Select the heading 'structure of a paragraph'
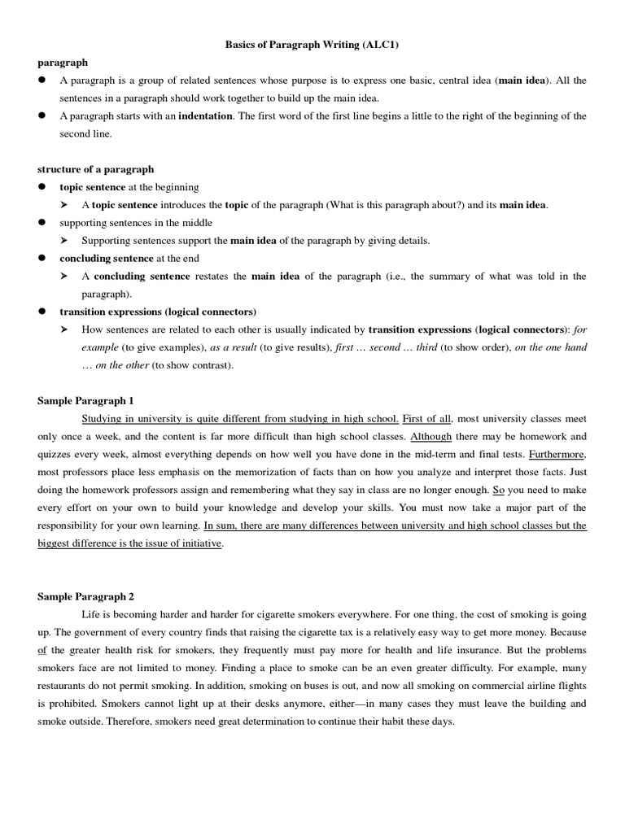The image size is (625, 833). (95, 169)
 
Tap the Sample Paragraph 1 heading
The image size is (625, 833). (85, 401)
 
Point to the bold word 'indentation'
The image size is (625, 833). (205, 116)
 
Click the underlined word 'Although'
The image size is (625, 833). (431, 437)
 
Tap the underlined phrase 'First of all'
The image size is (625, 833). (427, 419)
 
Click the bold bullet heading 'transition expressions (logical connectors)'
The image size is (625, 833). (158, 312)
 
